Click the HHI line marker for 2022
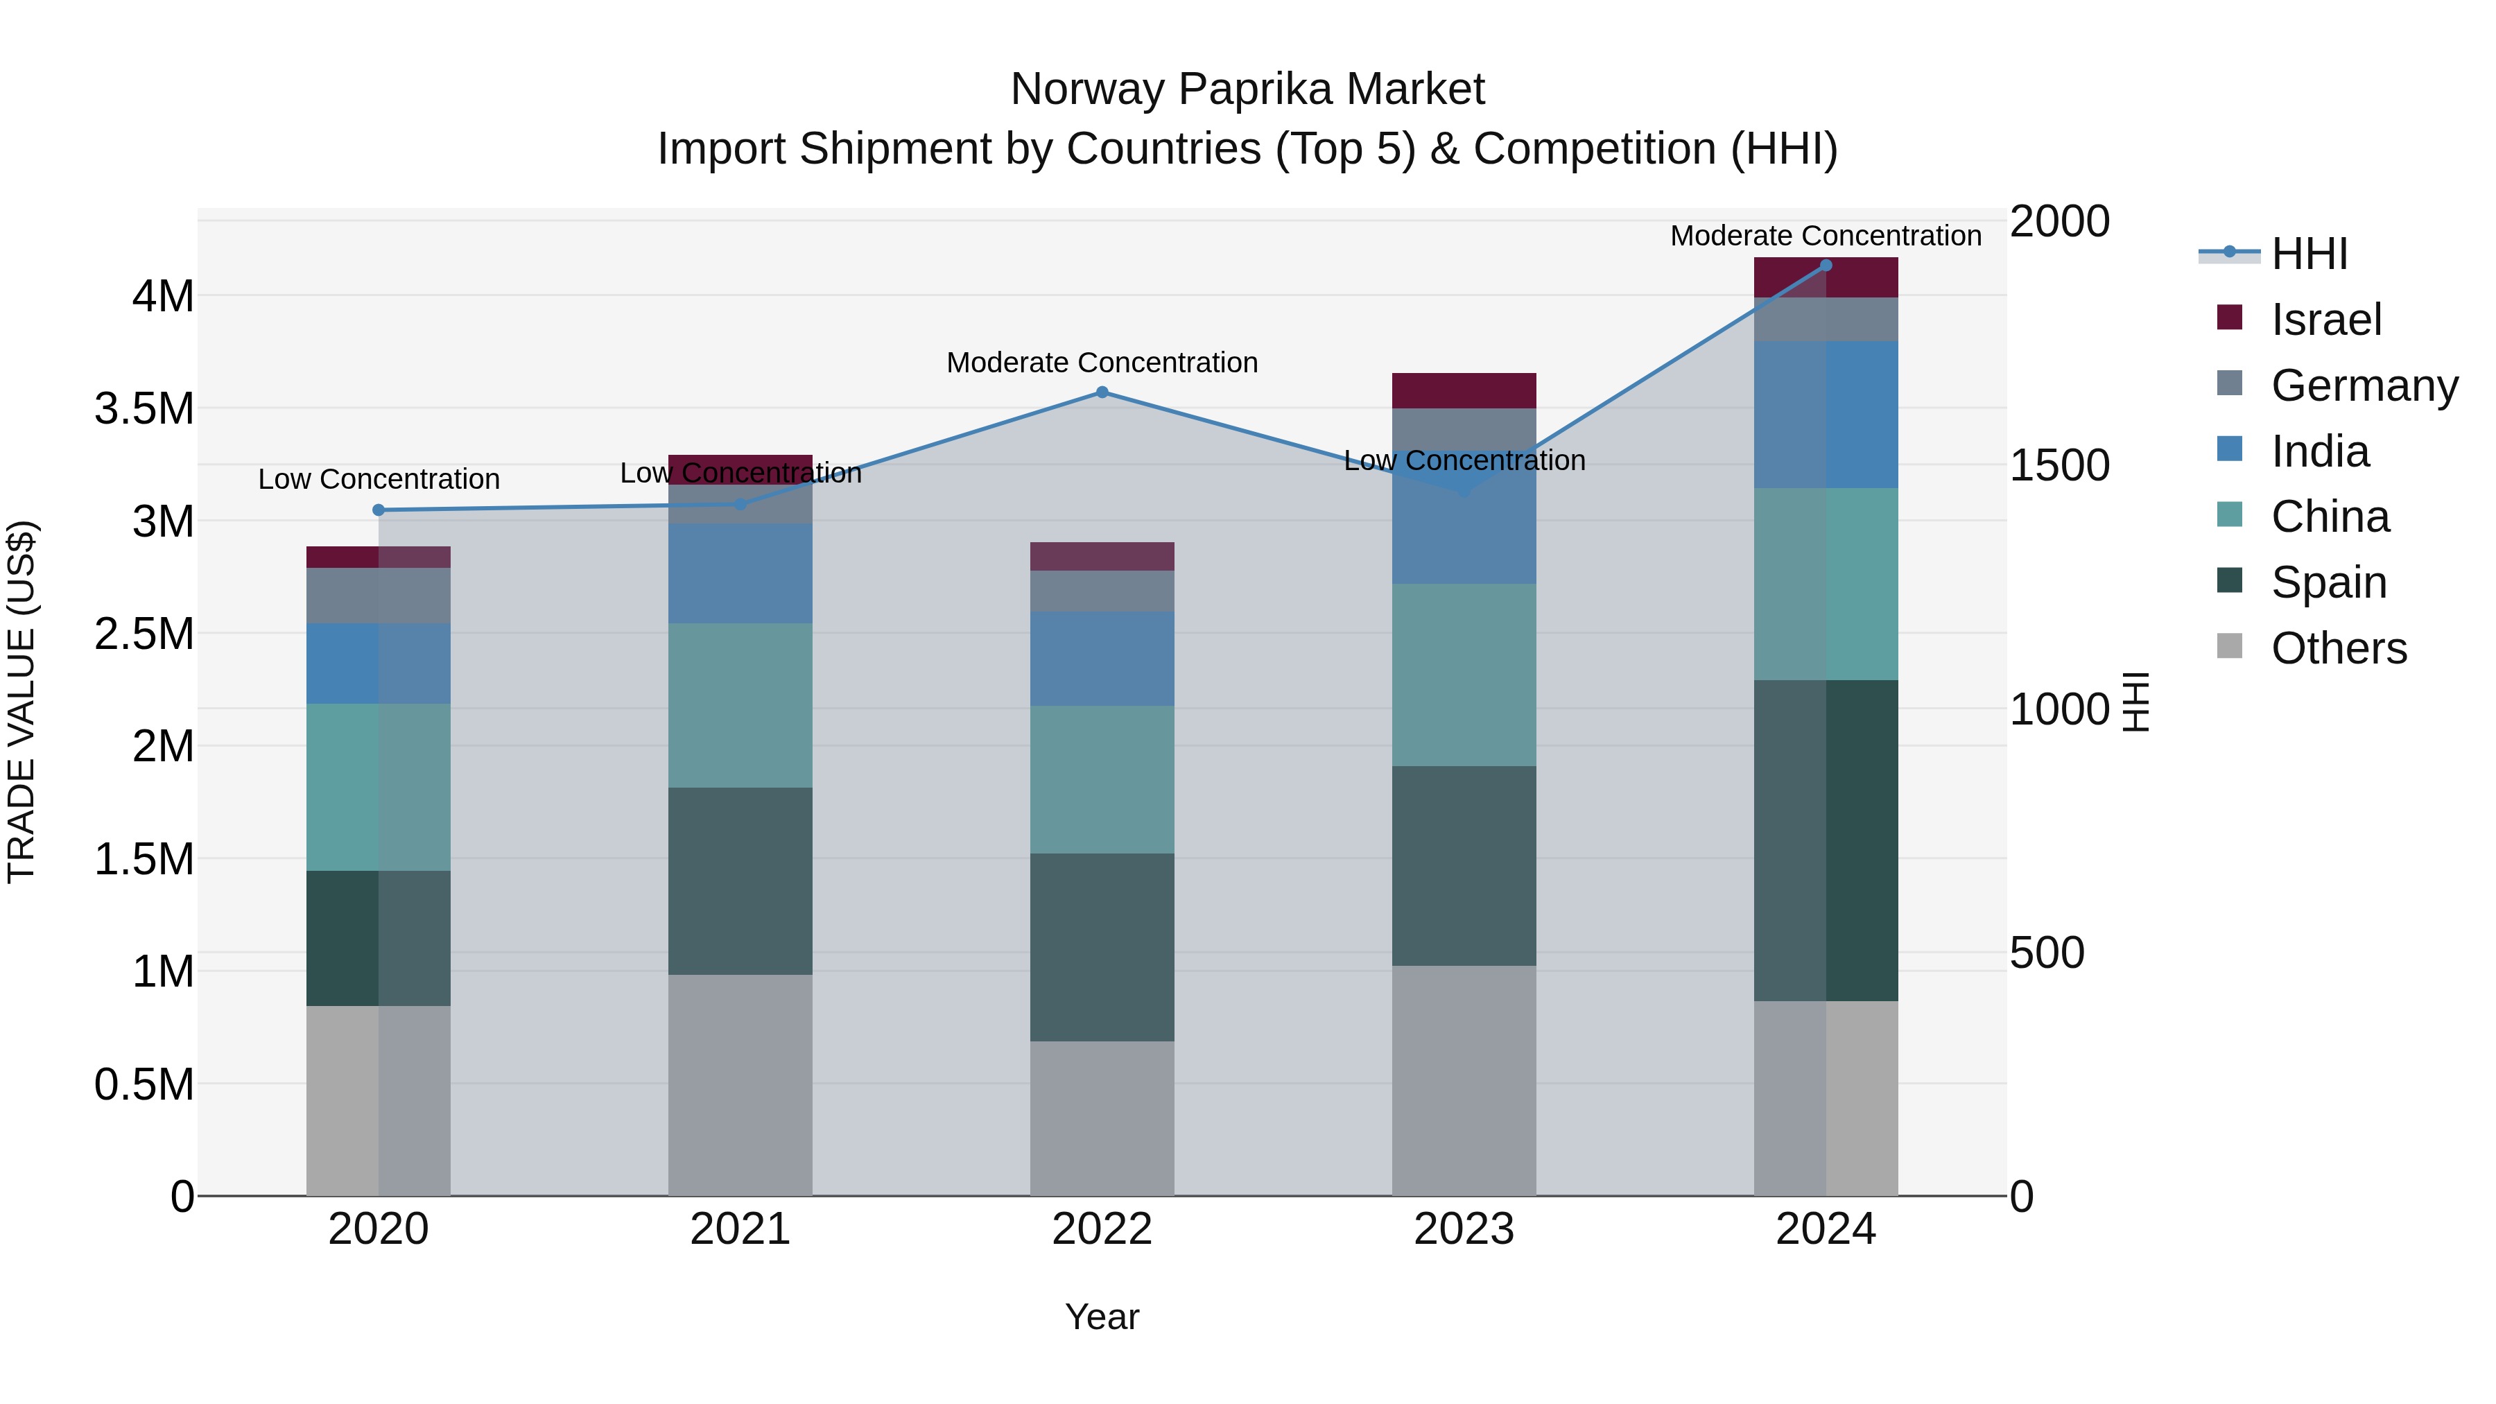pos(1102,392)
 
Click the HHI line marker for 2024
pos(1826,266)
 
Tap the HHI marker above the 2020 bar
pos(379,510)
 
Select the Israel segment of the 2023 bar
pos(1464,390)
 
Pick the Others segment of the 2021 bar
pos(740,1084)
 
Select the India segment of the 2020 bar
pos(379,663)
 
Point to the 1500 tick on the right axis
pos(2059,465)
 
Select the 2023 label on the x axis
pos(1464,1229)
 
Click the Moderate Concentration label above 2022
pos(1102,363)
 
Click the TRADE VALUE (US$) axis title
pos(21,702)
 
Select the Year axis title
pos(1102,1317)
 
